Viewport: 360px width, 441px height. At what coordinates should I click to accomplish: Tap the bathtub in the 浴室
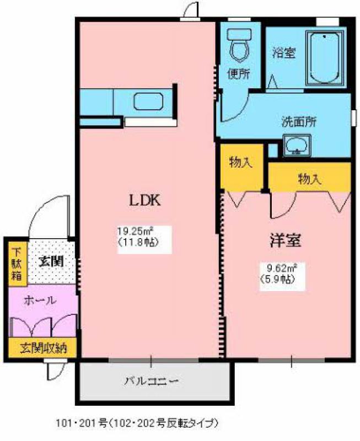pos(325,58)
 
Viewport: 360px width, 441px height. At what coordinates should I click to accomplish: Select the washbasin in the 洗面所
pos(297,146)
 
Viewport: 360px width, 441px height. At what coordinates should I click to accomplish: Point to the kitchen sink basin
pos(148,101)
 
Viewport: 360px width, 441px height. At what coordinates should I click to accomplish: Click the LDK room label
pos(144,201)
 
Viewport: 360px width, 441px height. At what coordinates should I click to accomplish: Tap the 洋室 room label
pos(286,240)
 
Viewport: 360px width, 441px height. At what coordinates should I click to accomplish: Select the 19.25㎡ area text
pos(135,232)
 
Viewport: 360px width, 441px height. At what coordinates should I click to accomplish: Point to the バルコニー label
pos(152,381)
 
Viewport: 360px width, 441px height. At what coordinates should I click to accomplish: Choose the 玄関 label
pos(51,261)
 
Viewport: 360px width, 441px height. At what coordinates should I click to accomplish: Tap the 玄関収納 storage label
pos(44,348)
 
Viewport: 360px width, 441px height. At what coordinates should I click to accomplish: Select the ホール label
pos(40,300)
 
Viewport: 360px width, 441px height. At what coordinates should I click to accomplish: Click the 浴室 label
pos(283,52)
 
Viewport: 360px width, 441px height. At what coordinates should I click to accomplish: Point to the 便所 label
pos(239,74)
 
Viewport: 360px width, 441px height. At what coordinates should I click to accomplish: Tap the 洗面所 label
pos(299,122)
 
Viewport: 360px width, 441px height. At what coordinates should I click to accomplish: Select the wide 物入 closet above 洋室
pos(310,178)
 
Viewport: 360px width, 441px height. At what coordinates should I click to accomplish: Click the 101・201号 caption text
pos(82,423)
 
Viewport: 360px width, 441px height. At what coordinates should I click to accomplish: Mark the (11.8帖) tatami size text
pos(136,242)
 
